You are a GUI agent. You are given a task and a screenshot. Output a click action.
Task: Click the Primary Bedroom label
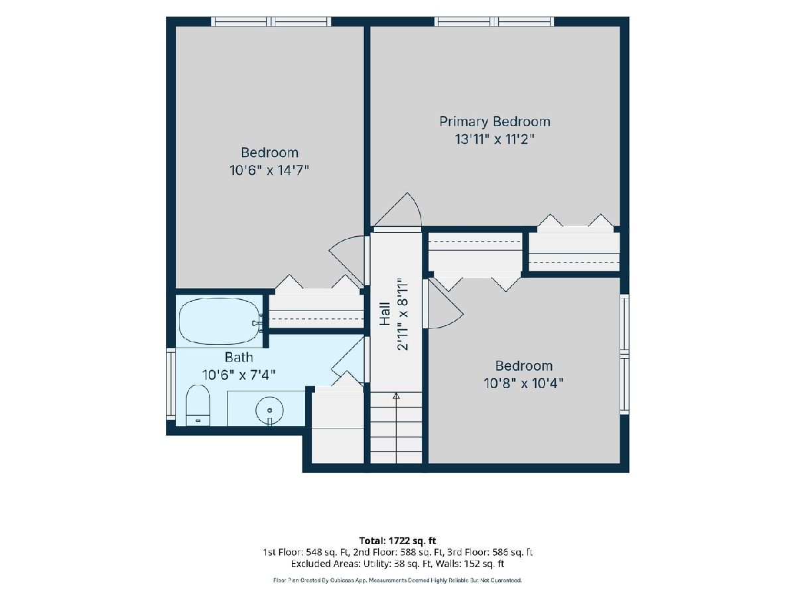(495, 122)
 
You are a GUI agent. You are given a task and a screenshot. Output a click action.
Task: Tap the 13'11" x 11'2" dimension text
(495, 139)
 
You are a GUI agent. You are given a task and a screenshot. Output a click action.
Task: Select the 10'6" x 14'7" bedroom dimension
(269, 170)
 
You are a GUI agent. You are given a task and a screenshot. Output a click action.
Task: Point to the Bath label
(239, 358)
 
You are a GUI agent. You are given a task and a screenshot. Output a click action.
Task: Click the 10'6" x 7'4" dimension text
(239, 375)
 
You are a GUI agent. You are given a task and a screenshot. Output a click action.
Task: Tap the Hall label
(385, 314)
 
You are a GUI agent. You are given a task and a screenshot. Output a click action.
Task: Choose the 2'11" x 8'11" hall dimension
(403, 314)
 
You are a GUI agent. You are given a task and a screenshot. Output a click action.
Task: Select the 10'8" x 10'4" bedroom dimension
(523, 383)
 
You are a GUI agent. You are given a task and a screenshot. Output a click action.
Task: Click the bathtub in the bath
(220, 321)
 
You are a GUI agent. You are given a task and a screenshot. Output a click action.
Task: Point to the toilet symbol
(198, 405)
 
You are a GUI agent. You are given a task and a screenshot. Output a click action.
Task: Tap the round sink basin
(269, 411)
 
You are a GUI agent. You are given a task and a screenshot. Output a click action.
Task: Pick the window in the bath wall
(170, 384)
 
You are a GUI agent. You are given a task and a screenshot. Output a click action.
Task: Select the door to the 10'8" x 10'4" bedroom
(444, 304)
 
